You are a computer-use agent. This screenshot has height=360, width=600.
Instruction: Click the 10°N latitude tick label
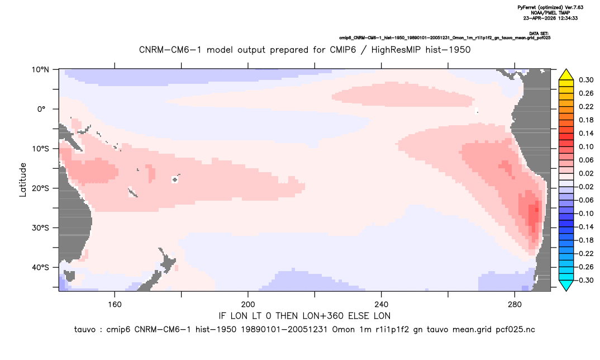click(x=40, y=70)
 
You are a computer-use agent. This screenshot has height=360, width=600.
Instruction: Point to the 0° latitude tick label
click(x=42, y=109)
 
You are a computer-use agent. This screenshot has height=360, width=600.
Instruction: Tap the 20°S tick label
click(x=40, y=188)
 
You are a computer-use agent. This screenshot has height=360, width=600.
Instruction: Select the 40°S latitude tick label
click(x=40, y=267)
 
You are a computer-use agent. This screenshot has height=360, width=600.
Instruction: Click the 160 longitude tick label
click(x=115, y=305)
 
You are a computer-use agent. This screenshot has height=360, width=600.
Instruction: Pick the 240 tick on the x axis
click(x=382, y=305)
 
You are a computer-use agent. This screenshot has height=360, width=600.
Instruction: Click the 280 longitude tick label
click(x=515, y=305)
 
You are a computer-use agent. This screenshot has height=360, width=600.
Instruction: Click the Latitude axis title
click(x=23, y=180)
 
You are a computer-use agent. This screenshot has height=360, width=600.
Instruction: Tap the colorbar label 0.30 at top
click(x=586, y=80)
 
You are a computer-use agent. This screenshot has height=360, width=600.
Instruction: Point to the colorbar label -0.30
click(x=584, y=280)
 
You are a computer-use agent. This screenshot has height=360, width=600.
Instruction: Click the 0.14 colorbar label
click(x=586, y=133)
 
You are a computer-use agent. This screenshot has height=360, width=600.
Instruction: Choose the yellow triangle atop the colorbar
click(x=566, y=75)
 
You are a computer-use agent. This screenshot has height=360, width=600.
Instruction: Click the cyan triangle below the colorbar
click(x=566, y=286)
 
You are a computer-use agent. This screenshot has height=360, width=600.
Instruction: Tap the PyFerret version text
click(x=550, y=7)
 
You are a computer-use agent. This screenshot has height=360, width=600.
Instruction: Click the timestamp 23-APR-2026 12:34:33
click(x=550, y=18)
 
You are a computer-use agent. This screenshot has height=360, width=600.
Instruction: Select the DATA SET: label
click(x=539, y=34)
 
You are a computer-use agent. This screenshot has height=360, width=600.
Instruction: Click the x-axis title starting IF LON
click(x=304, y=316)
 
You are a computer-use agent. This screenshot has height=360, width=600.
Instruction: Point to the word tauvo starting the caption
click(x=84, y=330)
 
